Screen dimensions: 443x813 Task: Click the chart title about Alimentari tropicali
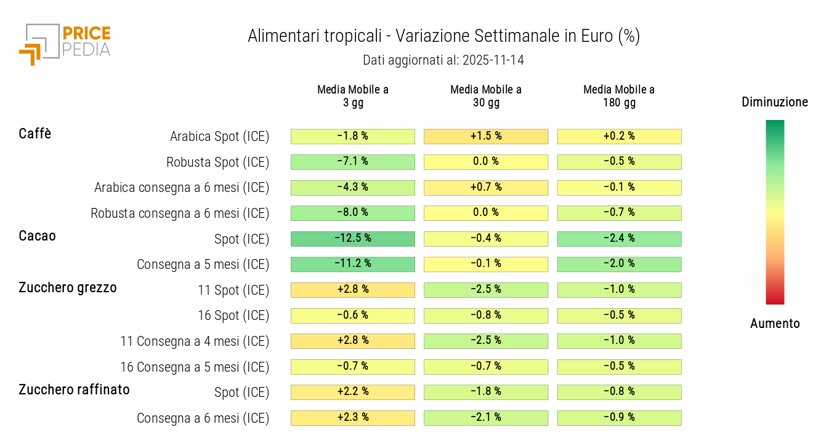coord(443,36)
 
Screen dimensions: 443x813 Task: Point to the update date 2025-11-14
coord(443,60)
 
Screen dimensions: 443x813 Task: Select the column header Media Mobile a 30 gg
coord(486,96)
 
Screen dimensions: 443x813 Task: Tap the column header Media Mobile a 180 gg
coord(619,96)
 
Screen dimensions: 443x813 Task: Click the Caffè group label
coord(35,134)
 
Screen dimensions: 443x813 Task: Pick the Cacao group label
coord(38,236)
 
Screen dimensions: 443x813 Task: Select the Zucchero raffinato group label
coord(75,389)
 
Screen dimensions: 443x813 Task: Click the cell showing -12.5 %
coord(353,239)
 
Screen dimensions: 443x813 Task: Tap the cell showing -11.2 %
coord(353,264)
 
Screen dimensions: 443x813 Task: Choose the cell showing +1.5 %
coord(486,136)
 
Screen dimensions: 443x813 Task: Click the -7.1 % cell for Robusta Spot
coord(353,162)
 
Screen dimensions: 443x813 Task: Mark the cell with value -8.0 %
coord(353,213)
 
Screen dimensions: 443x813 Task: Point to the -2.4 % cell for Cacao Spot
coord(619,239)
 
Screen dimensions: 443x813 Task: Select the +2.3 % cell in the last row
coord(353,418)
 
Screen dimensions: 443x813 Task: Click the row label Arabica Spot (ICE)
coord(220,137)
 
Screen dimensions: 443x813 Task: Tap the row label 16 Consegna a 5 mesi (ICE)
coord(195,367)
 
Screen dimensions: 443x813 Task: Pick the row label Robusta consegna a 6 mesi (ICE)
coord(180,214)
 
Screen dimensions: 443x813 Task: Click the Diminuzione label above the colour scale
coord(775,102)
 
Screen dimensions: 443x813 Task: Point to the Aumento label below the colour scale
coord(775,324)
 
